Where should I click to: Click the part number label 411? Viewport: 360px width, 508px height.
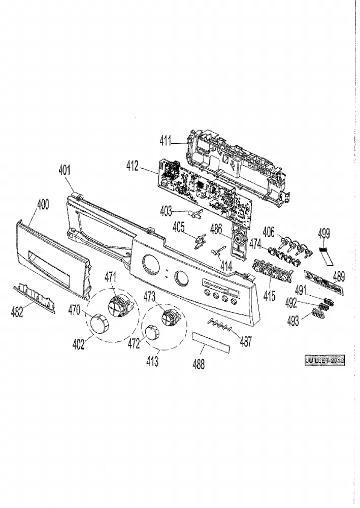165,141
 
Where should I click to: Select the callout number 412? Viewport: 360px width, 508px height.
133,166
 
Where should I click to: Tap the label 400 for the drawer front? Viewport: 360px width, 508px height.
43,204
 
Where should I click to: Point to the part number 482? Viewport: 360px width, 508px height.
17,312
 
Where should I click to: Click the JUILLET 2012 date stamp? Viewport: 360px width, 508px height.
325,360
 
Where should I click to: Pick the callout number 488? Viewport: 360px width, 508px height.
199,364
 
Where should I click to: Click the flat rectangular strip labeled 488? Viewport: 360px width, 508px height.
211,342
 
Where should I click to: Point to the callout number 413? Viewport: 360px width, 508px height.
152,361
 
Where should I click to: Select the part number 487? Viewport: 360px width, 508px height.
246,341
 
